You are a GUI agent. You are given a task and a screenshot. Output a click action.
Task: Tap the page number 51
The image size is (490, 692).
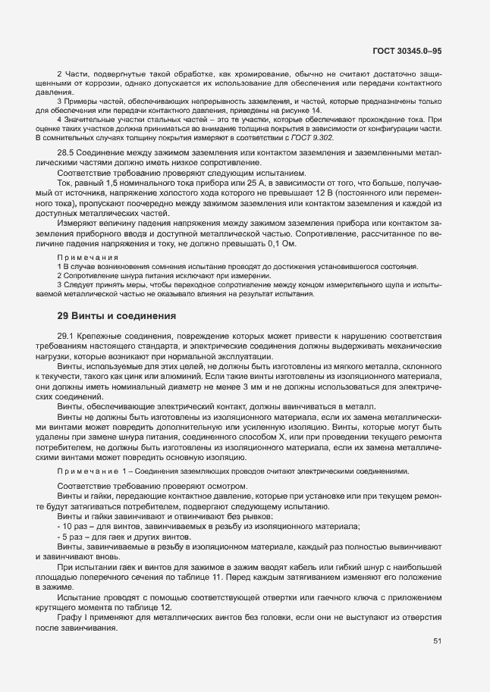(x=438, y=640)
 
